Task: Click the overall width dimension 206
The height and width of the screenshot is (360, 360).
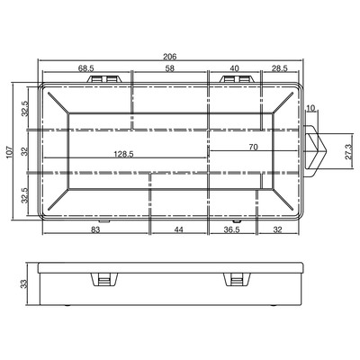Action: (170, 57)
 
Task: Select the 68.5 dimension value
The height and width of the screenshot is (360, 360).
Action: (86, 68)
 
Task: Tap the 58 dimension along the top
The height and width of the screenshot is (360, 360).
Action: (170, 68)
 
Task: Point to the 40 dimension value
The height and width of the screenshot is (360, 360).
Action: (234, 68)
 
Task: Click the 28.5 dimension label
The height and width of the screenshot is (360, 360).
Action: (279, 68)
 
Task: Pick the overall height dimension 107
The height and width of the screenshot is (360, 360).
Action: (10, 152)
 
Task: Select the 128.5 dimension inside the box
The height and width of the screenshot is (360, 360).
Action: (123, 154)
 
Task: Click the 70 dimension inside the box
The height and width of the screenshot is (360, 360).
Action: (254, 148)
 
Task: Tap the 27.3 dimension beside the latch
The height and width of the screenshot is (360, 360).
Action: (348, 152)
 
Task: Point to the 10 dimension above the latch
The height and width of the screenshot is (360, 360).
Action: (311, 108)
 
